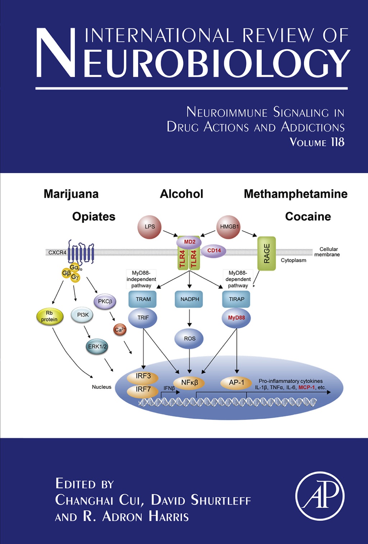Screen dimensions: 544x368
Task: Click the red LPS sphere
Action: click(149, 227)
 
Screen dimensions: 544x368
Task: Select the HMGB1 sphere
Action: click(229, 227)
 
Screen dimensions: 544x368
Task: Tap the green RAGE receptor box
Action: click(267, 253)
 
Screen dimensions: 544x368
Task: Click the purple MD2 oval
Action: click(189, 242)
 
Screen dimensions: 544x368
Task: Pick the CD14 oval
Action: click(214, 251)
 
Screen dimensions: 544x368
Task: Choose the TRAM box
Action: click(143, 299)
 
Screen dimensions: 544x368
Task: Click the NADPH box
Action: click(189, 299)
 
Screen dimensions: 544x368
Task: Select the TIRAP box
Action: click(236, 299)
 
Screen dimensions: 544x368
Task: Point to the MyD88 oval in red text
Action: click(236, 318)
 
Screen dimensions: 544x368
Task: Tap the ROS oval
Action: click(189, 339)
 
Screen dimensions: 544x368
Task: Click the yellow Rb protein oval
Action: click(50, 317)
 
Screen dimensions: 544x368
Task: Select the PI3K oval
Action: click(82, 315)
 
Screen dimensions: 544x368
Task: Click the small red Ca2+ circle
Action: click(120, 329)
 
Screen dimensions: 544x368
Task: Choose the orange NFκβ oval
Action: click(189, 383)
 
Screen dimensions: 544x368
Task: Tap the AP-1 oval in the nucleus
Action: click(236, 383)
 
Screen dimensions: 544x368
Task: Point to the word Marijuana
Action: click(71, 194)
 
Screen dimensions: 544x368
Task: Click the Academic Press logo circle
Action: click(320, 496)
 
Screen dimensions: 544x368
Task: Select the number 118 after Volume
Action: click(337, 142)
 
